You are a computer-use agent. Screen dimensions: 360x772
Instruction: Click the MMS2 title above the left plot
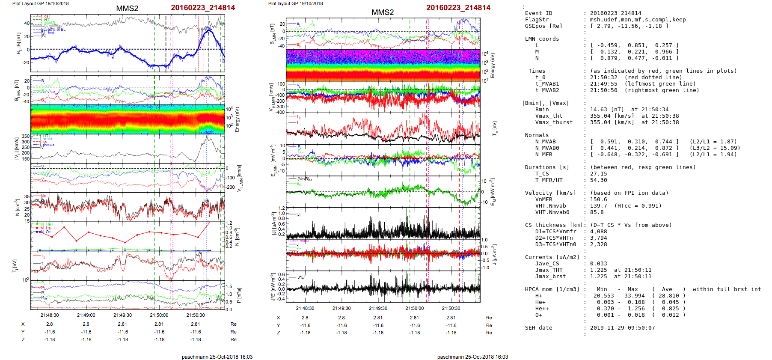point(127,9)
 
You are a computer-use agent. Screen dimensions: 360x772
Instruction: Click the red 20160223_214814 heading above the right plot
point(458,8)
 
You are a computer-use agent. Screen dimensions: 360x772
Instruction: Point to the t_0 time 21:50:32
point(603,77)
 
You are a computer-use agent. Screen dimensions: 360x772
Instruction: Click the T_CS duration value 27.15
point(598,174)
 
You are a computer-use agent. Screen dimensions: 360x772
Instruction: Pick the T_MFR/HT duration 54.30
point(598,180)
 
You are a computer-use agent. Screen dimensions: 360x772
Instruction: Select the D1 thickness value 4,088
point(598,232)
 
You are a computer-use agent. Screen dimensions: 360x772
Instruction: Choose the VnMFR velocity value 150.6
point(598,199)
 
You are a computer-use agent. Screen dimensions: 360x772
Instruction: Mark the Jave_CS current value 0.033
point(598,264)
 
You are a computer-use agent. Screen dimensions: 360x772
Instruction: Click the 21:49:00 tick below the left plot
point(86,315)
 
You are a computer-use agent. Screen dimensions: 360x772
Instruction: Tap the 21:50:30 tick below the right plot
point(451,308)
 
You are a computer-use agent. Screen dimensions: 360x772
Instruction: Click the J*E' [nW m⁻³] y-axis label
point(273,287)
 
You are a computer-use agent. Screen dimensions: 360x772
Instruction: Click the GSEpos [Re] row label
point(543,26)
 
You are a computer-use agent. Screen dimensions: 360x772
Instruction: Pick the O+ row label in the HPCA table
point(538,315)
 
